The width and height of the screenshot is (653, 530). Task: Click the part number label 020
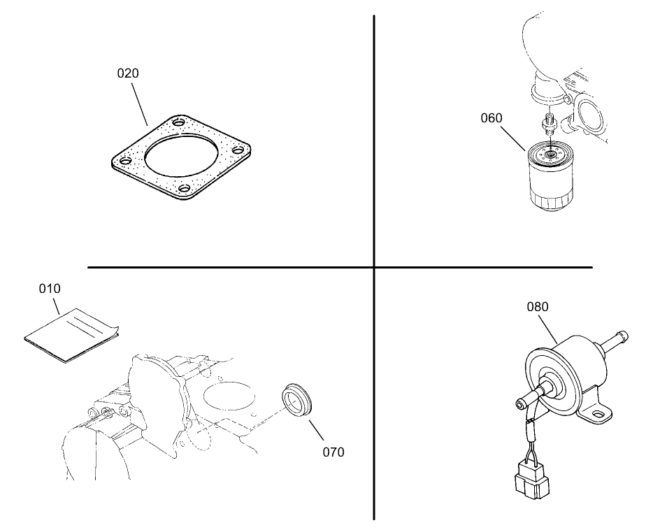127,73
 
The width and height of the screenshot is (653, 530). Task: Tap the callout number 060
491,117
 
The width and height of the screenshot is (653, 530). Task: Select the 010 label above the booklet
49,288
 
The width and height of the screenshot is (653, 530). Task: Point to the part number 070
333,452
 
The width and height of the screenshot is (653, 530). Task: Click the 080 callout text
537,306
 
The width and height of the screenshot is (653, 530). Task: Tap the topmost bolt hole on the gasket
180,123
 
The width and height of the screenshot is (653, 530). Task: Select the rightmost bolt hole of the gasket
238,150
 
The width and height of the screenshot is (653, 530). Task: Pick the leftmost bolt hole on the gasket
124,162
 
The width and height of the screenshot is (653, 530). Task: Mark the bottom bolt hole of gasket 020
185,188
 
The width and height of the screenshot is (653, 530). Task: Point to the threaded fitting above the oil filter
548,125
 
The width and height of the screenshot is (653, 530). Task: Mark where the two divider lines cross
374,267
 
